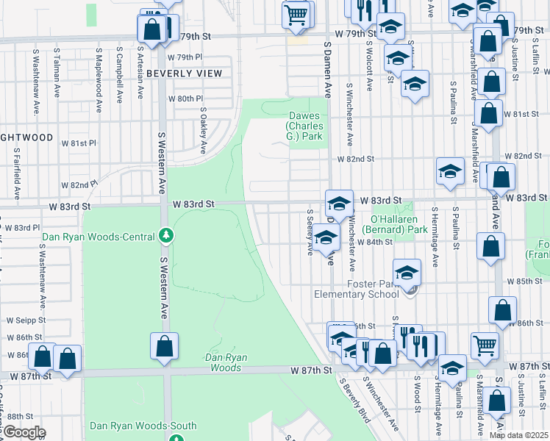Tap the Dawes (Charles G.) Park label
[x=305, y=126]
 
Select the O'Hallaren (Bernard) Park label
[x=399, y=224]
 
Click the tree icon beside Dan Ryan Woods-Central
[x=167, y=236]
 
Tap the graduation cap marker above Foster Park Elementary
[x=407, y=272]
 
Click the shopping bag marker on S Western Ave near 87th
[x=165, y=346]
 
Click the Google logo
[x=24, y=432]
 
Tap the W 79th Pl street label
[x=184, y=57]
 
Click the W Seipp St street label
[x=26, y=320]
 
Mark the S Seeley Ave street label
[x=310, y=233]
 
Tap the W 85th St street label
[x=529, y=282]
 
